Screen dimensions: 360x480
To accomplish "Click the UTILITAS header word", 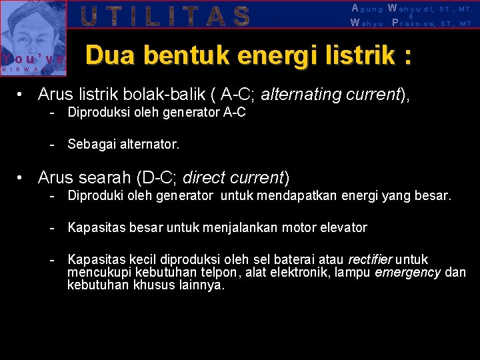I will click(x=165, y=15).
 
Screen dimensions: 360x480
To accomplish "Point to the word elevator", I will click(x=342, y=228).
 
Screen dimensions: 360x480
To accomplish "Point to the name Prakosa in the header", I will click(x=417, y=23).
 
